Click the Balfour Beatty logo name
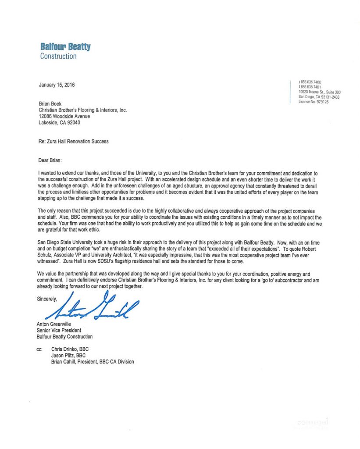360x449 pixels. pos(65,46)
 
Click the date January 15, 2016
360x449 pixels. pos(57,85)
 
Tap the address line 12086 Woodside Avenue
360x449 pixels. pos(64,117)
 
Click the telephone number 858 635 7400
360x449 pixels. pos(310,82)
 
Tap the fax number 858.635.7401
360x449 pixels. pos(310,87)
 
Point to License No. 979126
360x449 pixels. pos(314,102)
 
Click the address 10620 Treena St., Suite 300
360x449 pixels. pos(319,92)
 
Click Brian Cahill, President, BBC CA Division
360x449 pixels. pos(93,362)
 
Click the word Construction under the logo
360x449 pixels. pos(58,56)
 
